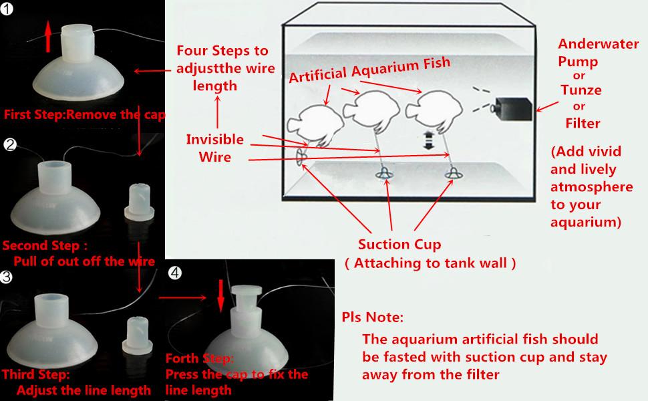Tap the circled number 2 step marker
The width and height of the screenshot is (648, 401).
(9, 145)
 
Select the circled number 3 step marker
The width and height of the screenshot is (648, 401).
(7, 276)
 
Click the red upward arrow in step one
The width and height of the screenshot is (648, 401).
(47, 35)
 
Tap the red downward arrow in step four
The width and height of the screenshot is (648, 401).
(220, 292)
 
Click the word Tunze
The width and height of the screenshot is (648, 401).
(581, 90)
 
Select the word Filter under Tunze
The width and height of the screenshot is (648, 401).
(582, 123)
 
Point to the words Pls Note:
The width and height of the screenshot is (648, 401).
(372, 315)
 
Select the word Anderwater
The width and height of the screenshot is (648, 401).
(588, 45)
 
